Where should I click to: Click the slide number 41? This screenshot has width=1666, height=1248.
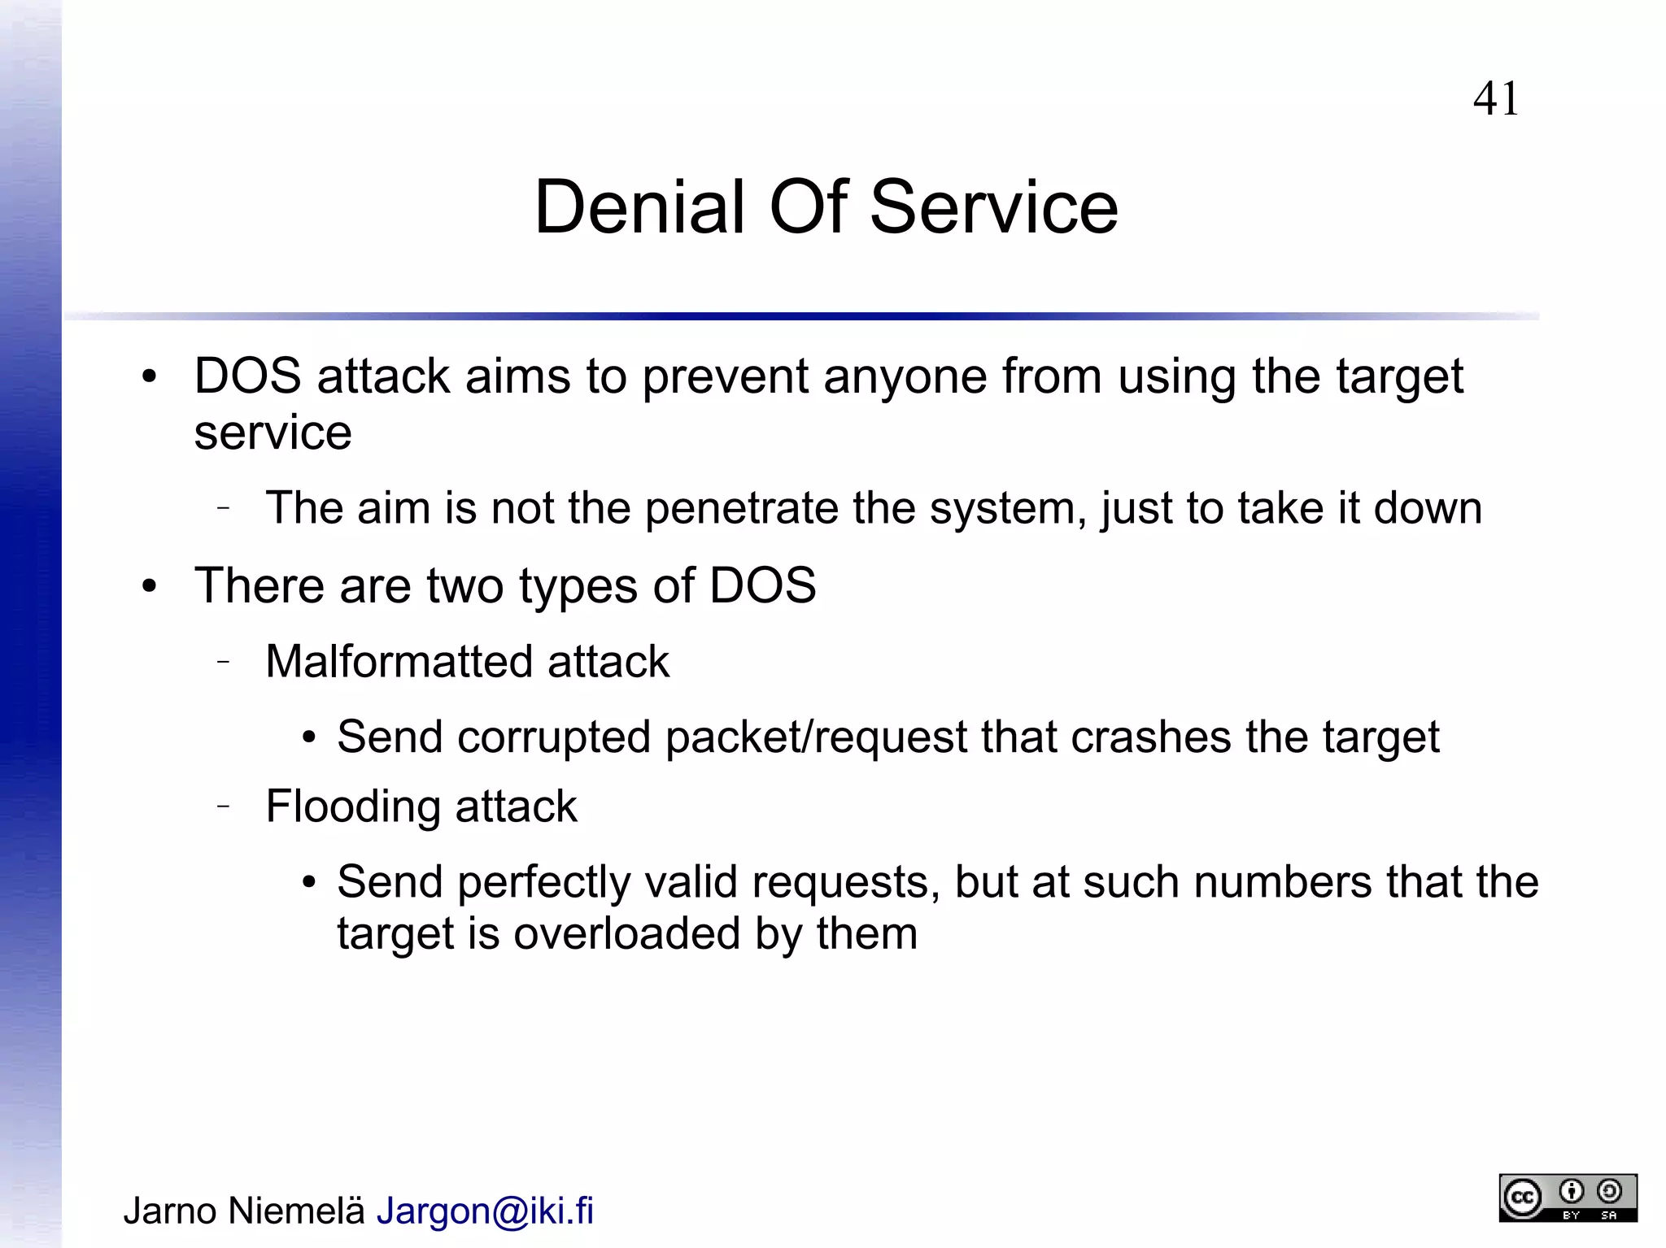coord(1495,99)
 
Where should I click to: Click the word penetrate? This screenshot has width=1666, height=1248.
coord(742,510)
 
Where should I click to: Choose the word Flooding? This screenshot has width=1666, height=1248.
coord(353,807)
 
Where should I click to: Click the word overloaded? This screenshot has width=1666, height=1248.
coord(626,933)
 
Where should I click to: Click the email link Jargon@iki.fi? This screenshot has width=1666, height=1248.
coord(485,1211)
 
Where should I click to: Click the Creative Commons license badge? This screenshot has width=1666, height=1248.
coord(1568,1198)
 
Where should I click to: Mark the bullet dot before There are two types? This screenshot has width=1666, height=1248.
coord(149,586)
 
